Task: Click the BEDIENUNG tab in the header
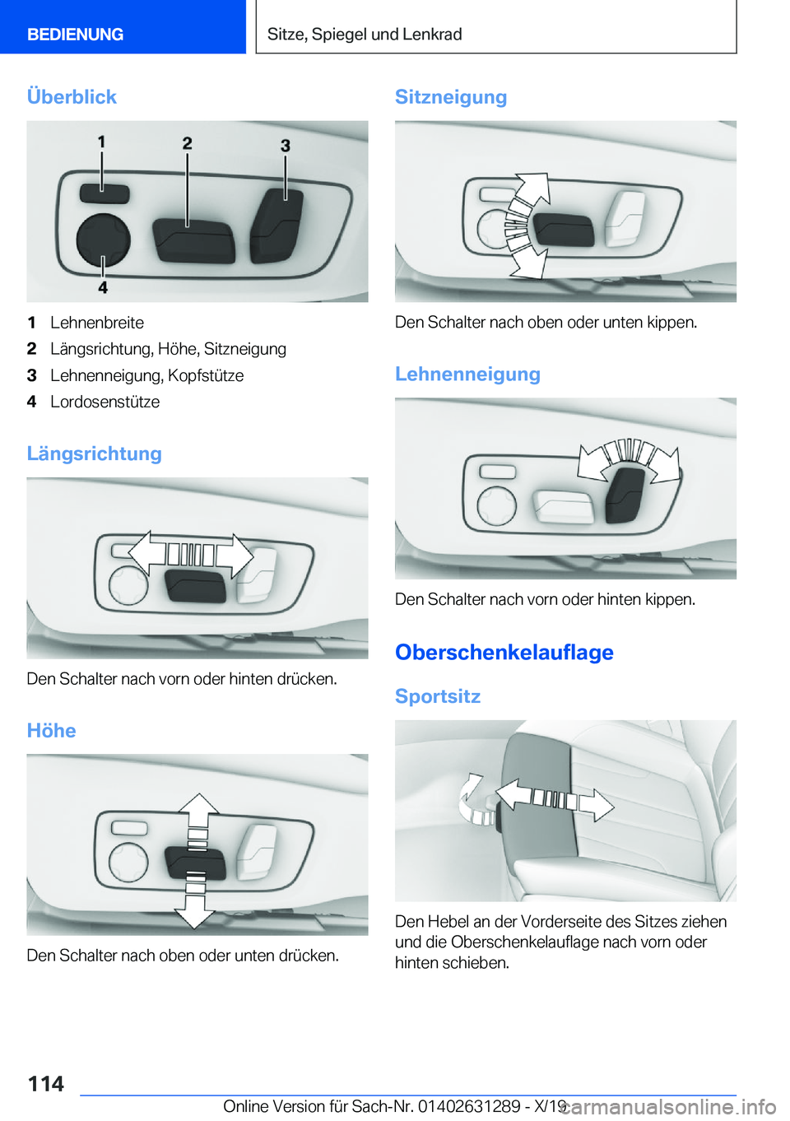click(x=75, y=35)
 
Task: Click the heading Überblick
click(x=72, y=97)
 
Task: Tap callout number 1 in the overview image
click(x=101, y=142)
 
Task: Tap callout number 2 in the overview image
click(x=187, y=143)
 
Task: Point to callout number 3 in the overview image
click(x=285, y=145)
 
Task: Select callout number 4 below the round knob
click(x=103, y=287)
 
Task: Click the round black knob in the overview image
click(x=103, y=240)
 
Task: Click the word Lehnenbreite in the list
click(x=97, y=323)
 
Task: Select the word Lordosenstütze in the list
click(x=105, y=402)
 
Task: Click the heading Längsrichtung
click(x=94, y=454)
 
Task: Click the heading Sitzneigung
click(x=450, y=97)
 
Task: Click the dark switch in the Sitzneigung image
click(x=563, y=230)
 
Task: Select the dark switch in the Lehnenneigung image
click(x=625, y=494)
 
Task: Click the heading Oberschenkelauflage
click(x=504, y=652)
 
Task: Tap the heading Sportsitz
click(x=437, y=696)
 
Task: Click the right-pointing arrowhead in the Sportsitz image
click(x=600, y=804)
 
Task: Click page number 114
click(x=46, y=1083)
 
